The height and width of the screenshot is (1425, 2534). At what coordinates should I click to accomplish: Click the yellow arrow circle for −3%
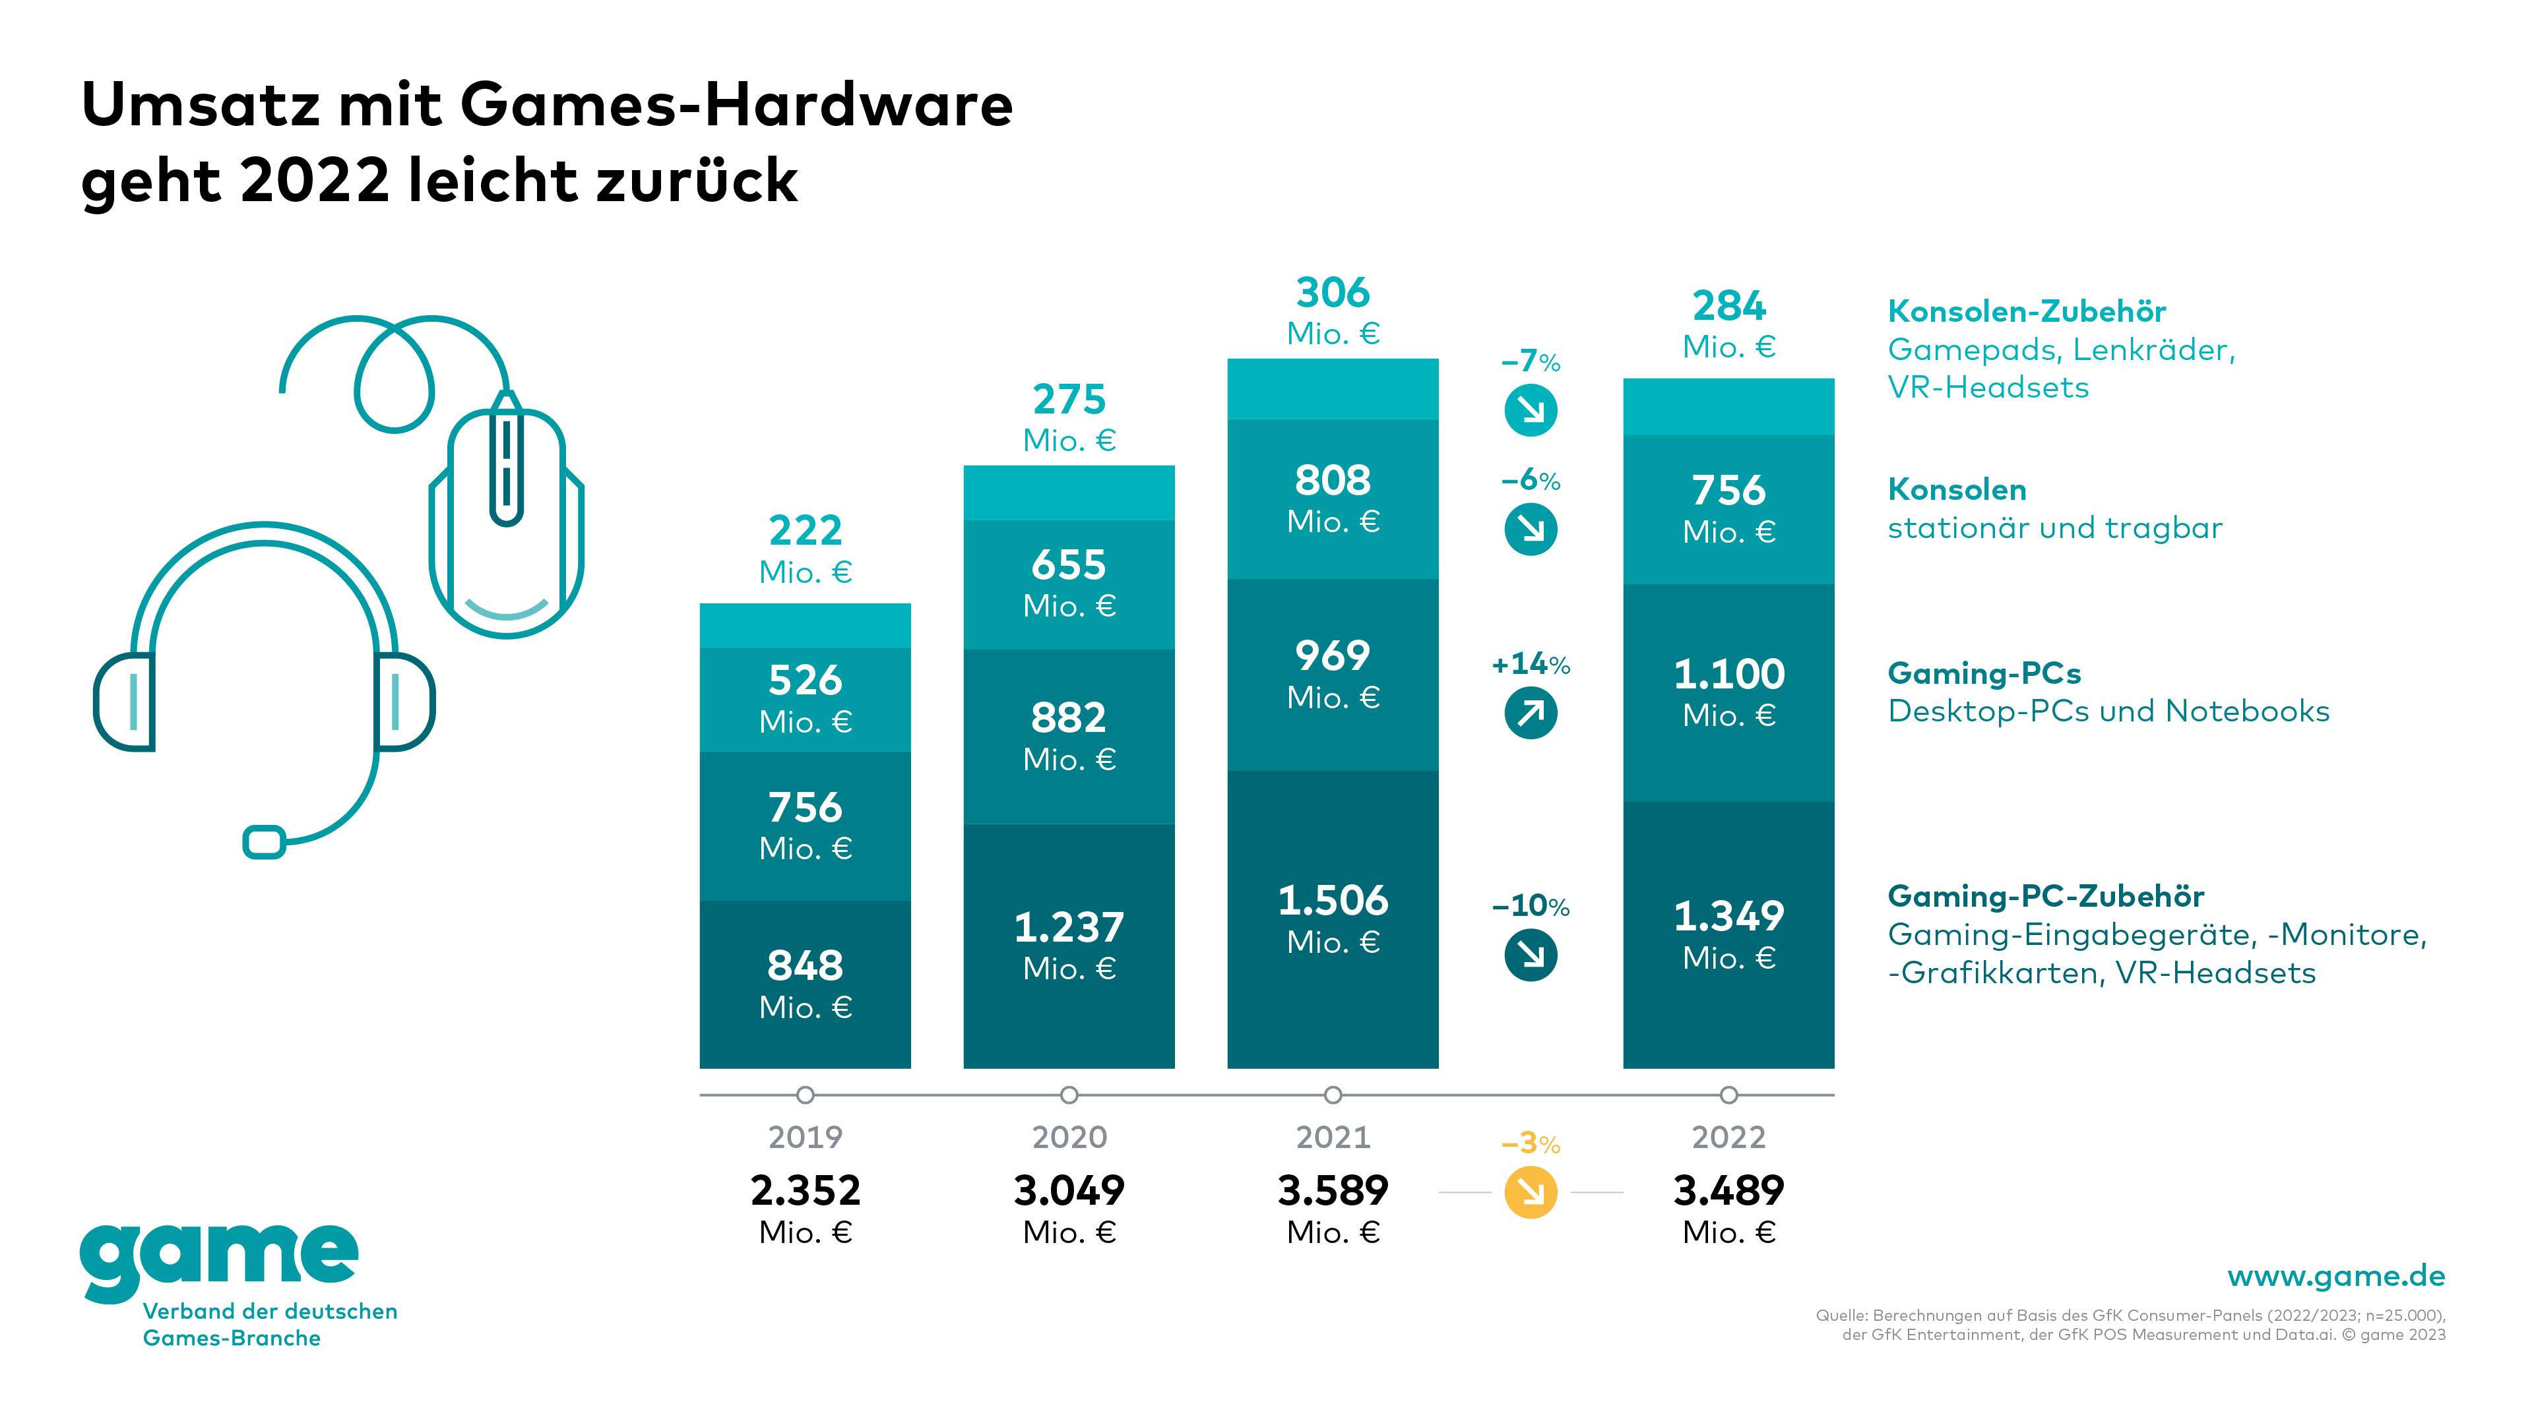[1531, 1192]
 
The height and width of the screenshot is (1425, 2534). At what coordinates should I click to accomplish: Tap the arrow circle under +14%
[1531, 712]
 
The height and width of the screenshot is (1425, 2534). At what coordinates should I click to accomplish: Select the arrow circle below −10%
[1531, 955]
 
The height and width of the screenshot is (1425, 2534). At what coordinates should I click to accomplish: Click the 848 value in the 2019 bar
[805, 966]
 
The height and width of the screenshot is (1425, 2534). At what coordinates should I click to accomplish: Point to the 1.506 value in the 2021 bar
[1332, 901]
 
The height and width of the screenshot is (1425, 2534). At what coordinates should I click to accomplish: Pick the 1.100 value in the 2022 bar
[1728, 675]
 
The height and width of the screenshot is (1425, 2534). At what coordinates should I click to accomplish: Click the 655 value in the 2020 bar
[1068, 566]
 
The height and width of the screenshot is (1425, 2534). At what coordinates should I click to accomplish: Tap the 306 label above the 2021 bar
[1332, 293]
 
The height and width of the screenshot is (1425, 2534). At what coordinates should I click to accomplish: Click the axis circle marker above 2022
[1728, 1095]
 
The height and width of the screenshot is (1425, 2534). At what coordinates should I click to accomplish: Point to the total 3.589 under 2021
[1332, 1191]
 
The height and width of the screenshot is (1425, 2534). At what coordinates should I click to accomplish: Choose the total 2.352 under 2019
[805, 1191]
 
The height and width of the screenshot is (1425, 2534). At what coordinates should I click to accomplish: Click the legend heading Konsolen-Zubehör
[2027, 312]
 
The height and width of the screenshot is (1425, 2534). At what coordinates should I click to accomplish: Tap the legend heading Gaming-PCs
[1984, 674]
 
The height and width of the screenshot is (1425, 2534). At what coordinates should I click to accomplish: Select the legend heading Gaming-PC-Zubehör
[2045, 896]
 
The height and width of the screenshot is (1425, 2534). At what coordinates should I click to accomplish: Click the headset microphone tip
[264, 842]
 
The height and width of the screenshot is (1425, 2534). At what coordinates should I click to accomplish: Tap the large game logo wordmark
[218, 1259]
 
